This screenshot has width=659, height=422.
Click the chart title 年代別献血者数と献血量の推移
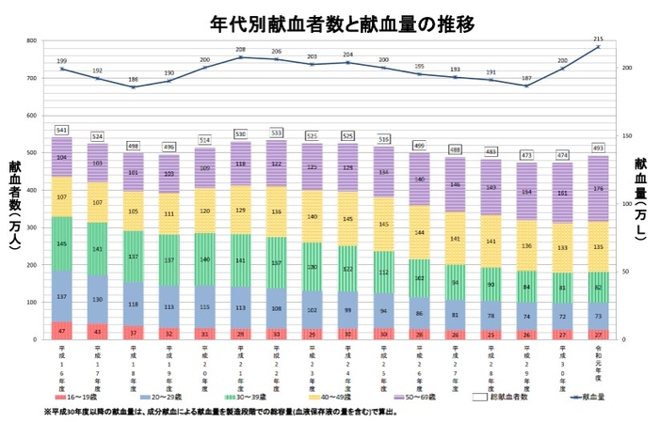(x=329, y=22)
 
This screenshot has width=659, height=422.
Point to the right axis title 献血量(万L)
(x=640, y=201)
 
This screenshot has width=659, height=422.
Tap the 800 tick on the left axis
(x=31, y=41)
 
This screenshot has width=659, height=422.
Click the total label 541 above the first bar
(x=62, y=130)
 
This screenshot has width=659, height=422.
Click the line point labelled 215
(x=599, y=47)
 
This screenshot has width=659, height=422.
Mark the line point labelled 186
(x=134, y=87)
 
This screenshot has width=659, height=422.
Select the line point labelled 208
(x=241, y=57)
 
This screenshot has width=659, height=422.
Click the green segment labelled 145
(x=62, y=244)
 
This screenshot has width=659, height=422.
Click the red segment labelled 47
(x=62, y=330)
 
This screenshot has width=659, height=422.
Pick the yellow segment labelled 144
(x=420, y=232)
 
